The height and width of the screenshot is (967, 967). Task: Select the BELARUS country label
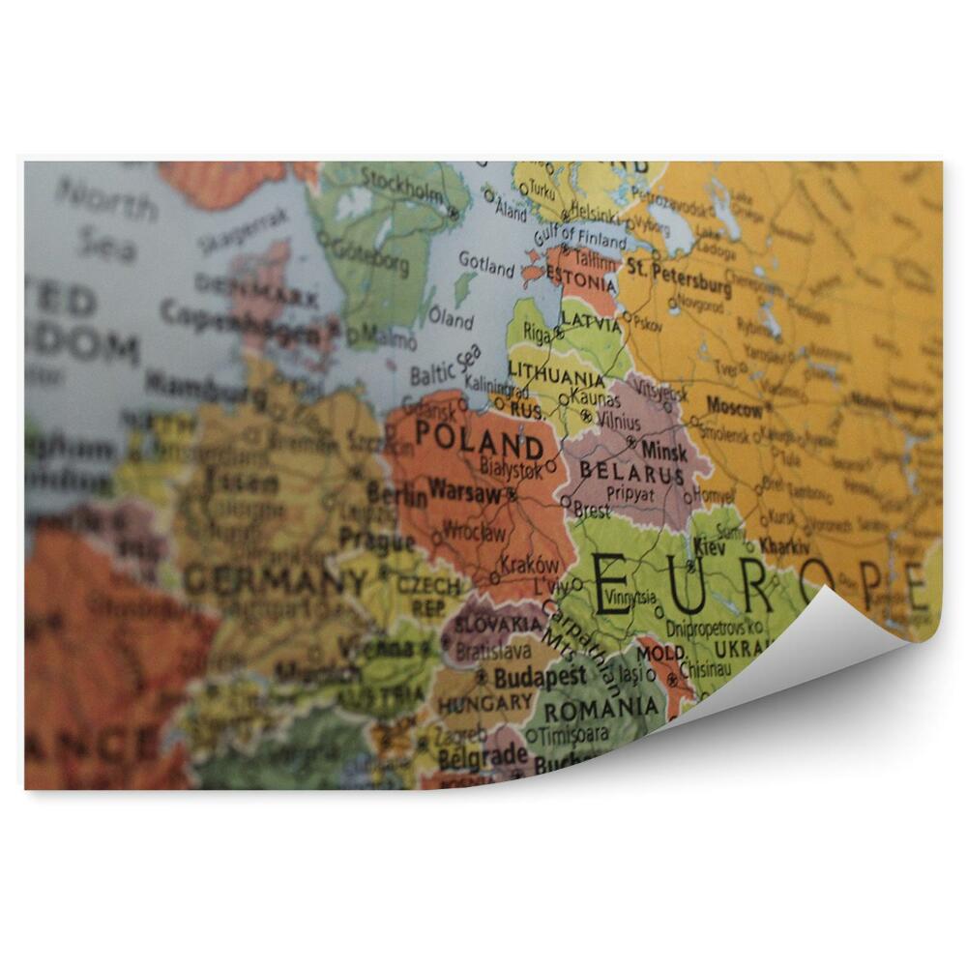coord(631,474)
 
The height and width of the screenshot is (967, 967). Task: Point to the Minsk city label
coord(664,451)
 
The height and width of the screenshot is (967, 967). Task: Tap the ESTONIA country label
coord(580,284)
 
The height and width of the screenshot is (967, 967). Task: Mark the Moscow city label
coord(734,404)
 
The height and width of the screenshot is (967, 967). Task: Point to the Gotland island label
coord(485,262)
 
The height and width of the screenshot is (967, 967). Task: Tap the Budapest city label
coord(540,677)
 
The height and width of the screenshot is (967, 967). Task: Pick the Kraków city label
coord(529,566)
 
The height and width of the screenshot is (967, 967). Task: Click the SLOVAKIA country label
coord(496,625)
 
